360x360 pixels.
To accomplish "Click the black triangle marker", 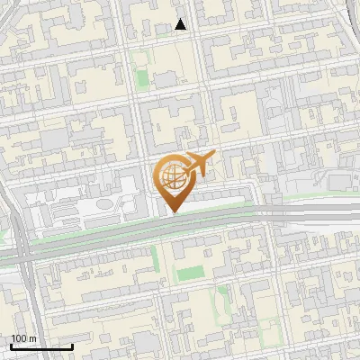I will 181,25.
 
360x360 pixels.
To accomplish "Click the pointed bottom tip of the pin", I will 173,212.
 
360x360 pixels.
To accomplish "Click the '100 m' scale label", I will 23,338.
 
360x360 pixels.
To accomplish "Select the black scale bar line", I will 41,346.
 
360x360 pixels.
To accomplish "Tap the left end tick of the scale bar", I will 12,345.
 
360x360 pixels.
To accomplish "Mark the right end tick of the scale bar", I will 72,345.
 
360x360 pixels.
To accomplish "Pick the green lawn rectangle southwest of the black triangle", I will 142,76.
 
